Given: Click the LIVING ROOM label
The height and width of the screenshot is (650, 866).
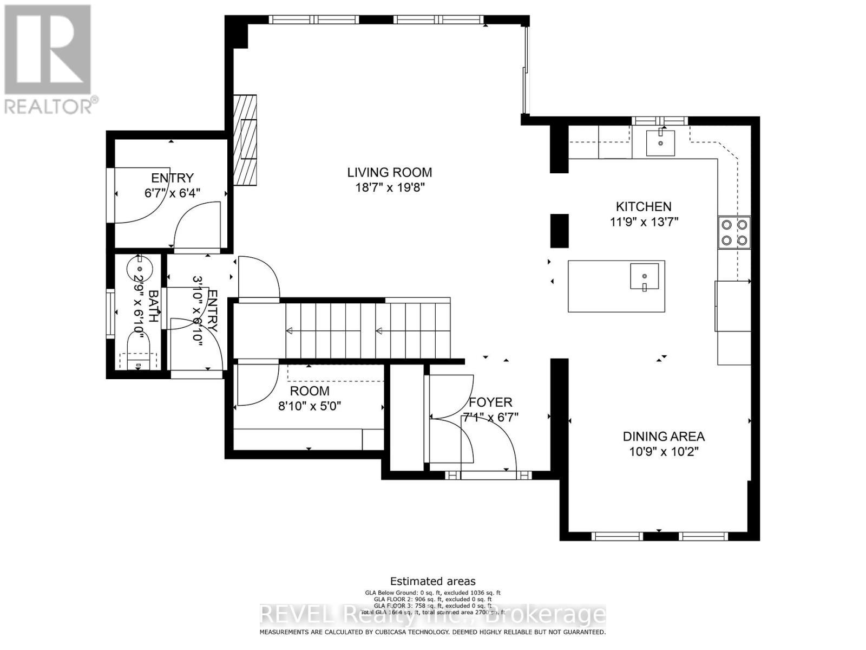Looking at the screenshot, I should coord(389,172).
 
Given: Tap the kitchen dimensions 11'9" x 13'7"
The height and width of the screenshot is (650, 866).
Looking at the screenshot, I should coord(644,222).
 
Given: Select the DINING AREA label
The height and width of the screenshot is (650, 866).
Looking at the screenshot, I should coord(664,436).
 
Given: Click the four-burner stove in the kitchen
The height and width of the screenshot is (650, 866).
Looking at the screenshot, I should coord(734,232).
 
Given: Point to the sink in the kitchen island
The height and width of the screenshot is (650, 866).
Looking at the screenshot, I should coord(644,276).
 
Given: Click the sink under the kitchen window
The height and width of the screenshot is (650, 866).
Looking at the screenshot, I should coord(660,142).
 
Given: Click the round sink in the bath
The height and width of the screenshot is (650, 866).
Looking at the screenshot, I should coord(140,268).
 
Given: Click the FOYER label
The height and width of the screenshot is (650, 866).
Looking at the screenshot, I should coord(490,402).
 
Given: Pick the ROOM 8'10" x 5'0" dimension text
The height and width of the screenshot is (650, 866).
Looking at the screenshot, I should coord(309,406).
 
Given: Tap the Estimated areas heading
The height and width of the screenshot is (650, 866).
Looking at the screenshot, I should coord(432,581).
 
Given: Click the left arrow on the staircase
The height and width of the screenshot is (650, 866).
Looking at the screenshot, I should coord(290,331).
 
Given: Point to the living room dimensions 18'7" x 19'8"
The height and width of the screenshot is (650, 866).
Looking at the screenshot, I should coord(389,187).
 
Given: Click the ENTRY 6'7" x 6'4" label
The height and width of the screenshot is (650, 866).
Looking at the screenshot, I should coord(172,178).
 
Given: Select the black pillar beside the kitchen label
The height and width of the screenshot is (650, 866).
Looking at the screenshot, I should coord(559,231).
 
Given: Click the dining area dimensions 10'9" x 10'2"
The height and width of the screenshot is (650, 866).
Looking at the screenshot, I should coord(664,452).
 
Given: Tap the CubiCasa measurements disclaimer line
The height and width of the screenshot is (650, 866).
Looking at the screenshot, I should coord(432,632).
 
